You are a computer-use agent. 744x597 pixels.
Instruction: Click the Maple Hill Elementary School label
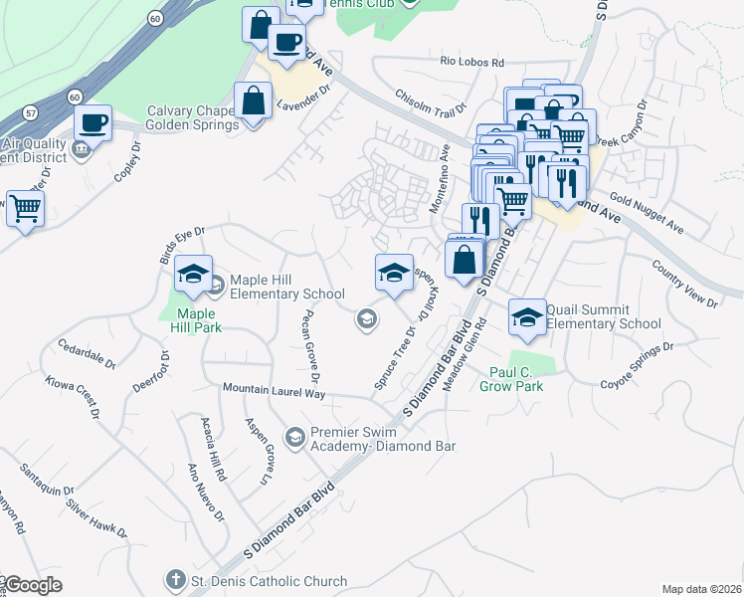point(286,287)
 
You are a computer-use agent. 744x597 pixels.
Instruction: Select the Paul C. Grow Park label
point(516,379)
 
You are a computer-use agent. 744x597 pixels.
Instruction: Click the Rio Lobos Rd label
point(472,61)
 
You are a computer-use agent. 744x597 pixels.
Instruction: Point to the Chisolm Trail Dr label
point(431,106)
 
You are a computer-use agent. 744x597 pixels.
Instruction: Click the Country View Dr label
point(684,283)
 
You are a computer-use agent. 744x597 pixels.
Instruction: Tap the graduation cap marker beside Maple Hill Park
point(193,274)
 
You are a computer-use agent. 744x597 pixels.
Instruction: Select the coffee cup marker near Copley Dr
point(93,123)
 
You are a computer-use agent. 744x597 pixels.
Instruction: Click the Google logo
point(33,585)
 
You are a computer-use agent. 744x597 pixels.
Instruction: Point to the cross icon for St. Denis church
point(175,580)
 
